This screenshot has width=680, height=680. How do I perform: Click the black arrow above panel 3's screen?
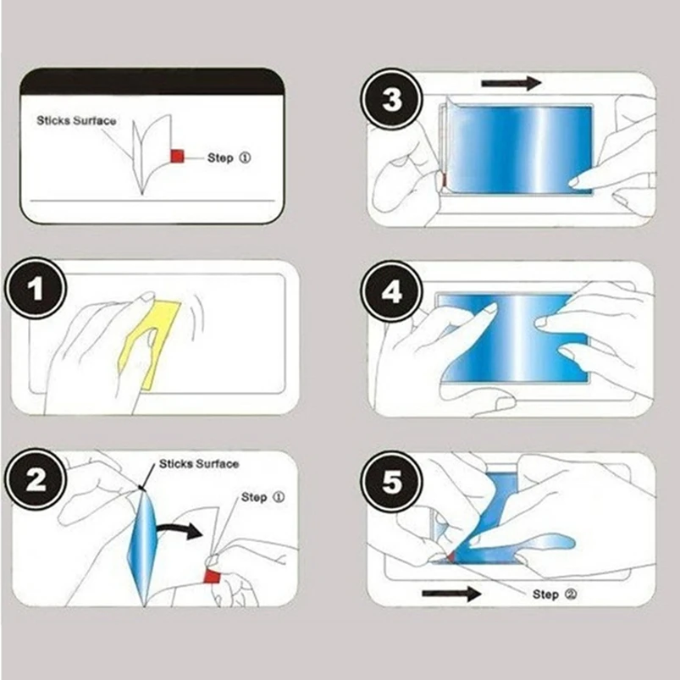click(511, 83)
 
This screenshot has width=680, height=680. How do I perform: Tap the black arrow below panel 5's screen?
click(451, 594)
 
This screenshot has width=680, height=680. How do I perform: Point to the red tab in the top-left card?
click(178, 157)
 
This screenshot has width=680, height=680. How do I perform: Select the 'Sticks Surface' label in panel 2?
click(199, 464)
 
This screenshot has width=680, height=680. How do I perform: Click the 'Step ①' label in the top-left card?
click(229, 158)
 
